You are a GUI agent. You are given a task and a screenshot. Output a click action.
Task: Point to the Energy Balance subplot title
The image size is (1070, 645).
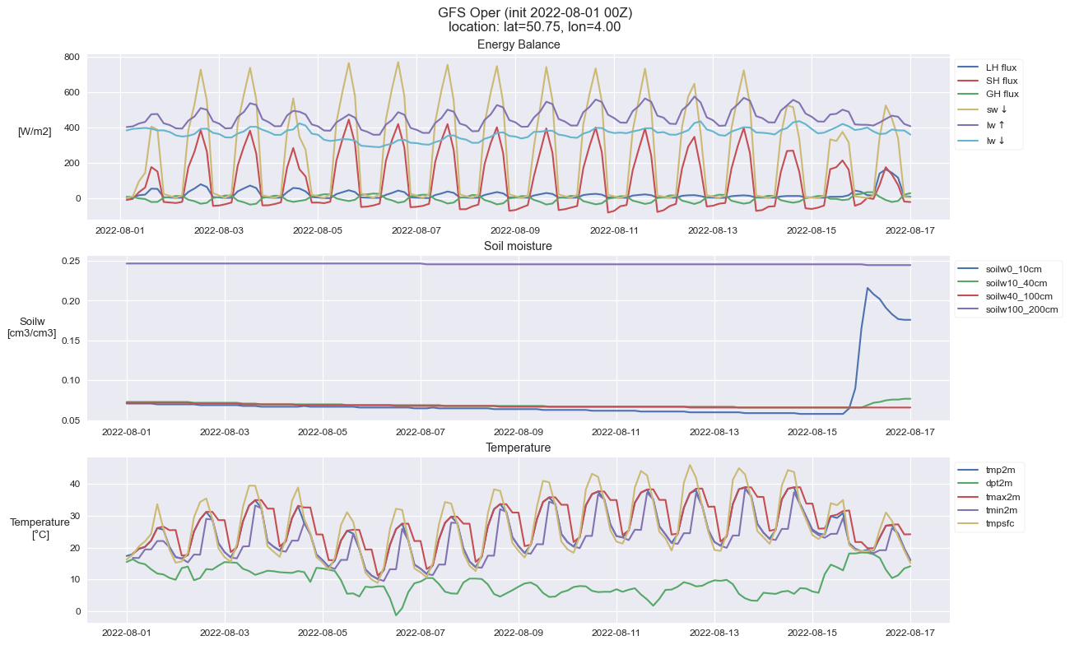click(519, 44)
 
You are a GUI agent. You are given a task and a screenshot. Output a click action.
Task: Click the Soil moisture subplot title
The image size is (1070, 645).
click(518, 246)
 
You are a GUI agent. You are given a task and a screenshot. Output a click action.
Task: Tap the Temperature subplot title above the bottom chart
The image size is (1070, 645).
click(518, 448)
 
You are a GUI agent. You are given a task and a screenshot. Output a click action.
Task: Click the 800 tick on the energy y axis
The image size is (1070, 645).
click(72, 57)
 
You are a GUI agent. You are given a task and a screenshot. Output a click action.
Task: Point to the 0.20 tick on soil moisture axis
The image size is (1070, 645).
click(71, 301)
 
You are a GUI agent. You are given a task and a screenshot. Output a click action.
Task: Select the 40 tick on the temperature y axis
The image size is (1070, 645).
click(75, 484)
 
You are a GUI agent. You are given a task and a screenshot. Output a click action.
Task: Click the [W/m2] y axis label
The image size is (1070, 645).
click(35, 132)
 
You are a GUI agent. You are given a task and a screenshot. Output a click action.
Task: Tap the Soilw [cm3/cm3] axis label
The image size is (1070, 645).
click(31, 327)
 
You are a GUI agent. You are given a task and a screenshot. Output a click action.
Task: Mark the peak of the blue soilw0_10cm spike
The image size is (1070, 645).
click(868, 288)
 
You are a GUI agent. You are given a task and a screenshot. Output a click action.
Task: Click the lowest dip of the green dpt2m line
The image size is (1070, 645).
click(396, 615)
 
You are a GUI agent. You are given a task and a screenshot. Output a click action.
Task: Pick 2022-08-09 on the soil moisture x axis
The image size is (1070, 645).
click(519, 432)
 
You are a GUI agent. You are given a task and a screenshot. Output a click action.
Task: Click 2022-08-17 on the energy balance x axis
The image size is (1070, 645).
click(910, 230)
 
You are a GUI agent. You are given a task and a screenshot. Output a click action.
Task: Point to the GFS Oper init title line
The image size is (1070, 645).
click(535, 13)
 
